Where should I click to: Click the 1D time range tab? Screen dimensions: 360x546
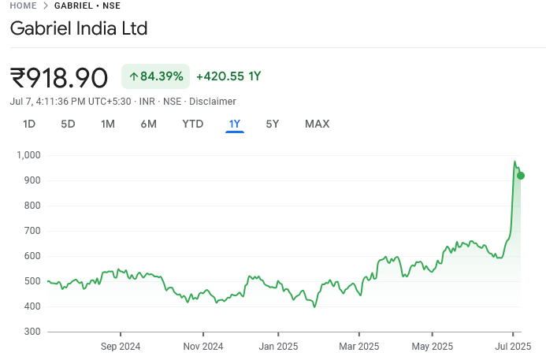click(x=29, y=124)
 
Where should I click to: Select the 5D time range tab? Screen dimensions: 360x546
click(x=69, y=124)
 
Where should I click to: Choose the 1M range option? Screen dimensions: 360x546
click(x=108, y=124)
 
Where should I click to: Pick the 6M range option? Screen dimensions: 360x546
click(x=148, y=124)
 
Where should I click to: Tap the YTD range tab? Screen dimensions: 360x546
click(x=193, y=124)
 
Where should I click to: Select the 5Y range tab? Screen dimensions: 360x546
click(x=272, y=124)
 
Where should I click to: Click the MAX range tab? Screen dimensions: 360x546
click(x=317, y=124)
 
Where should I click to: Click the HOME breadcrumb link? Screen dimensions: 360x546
click(x=23, y=6)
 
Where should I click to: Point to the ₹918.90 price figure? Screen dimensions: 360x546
click(x=59, y=77)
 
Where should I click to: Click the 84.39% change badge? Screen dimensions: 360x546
click(x=155, y=76)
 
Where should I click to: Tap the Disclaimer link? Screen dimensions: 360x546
click(x=212, y=102)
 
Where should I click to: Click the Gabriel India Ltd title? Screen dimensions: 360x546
click(x=79, y=29)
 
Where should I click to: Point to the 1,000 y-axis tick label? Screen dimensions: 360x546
click(x=28, y=155)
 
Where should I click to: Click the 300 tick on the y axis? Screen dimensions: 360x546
click(x=32, y=332)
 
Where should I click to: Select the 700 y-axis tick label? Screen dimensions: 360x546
click(x=32, y=231)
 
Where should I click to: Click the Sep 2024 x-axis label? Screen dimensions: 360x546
click(x=121, y=346)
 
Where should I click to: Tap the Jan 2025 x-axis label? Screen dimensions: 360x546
click(x=277, y=346)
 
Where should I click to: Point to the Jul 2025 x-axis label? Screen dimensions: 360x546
click(x=513, y=346)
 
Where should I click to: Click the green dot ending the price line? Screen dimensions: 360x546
click(x=520, y=176)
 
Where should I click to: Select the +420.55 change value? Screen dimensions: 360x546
click(x=228, y=76)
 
